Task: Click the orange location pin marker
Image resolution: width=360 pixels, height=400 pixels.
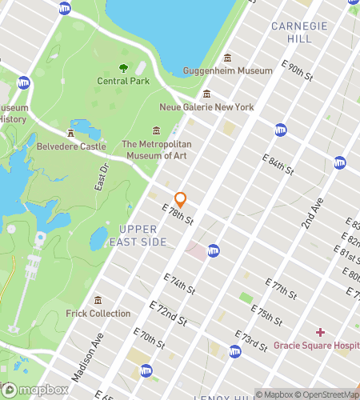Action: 180,199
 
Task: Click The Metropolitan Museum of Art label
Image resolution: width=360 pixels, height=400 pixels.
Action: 154,150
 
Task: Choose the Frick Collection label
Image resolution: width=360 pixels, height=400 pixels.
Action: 98,313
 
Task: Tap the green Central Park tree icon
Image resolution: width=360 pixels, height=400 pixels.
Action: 123,69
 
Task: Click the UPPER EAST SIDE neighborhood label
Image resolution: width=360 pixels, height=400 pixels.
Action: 138,235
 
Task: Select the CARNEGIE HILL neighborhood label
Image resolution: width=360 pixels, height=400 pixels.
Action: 299,32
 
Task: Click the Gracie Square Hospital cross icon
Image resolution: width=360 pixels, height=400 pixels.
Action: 320,332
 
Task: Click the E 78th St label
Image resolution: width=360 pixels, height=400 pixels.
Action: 178,214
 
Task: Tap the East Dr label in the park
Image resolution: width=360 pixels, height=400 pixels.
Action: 101,177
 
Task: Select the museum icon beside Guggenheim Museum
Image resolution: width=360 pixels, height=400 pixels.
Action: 227,58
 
